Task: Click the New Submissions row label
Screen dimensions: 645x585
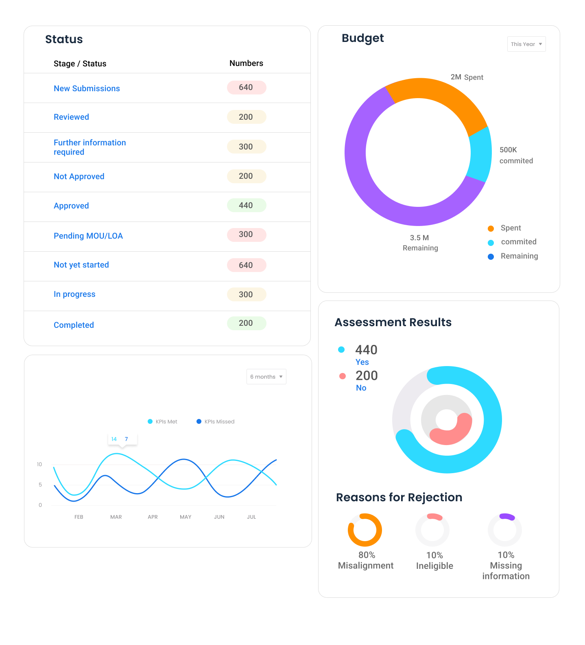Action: tap(87, 88)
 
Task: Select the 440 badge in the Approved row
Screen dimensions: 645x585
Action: tap(246, 205)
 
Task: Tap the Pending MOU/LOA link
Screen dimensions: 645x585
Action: tap(88, 236)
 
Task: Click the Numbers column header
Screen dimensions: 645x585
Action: tap(246, 63)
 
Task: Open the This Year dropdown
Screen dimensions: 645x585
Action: tap(526, 44)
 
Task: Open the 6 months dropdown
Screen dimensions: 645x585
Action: tap(266, 377)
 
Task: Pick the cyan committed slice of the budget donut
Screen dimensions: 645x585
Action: tap(480, 154)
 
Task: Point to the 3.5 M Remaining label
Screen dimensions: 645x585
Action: tap(420, 243)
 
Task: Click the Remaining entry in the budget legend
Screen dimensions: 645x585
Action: tap(519, 256)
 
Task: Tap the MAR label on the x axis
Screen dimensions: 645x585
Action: tap(116, 517)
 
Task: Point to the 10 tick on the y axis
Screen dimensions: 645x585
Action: tap(39, 464)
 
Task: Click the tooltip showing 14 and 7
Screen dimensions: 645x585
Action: tap(122, 439)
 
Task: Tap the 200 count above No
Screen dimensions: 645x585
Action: tap(367, 375)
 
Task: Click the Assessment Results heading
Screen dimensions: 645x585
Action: tap(393, 322)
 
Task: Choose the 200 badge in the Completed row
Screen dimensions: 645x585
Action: tap(246, 323)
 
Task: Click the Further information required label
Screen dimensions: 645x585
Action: tap(89, 147)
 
